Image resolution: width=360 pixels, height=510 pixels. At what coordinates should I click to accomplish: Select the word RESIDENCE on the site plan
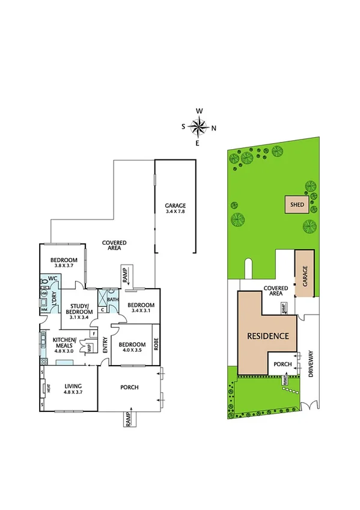pyautogui.click(x=268, y=336)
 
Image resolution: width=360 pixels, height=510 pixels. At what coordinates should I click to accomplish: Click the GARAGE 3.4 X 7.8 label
pyautogui.click(x=175, y=209)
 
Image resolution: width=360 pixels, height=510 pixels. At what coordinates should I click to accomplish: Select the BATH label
pyautogui.click(x=112, y=299)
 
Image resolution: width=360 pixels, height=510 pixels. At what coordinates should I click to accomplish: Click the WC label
pyautogui.click(x=52, y=279)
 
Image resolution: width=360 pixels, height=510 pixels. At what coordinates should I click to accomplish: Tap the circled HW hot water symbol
pyautogui.click(x=44, y=293)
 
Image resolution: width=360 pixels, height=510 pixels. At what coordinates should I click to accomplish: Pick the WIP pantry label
pyautogui.click(x=90, y=347)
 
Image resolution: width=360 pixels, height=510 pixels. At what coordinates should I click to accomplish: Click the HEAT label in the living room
pyautogui.click(x=47, y=389)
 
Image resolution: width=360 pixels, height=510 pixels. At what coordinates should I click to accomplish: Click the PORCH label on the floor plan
pyautogui.click(x=130, y=387)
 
